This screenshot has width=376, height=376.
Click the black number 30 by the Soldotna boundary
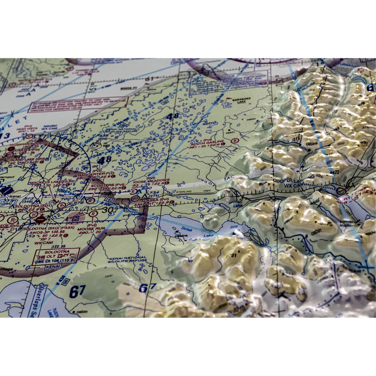pos(108,210)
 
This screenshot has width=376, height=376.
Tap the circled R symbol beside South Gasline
pos(234,141)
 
